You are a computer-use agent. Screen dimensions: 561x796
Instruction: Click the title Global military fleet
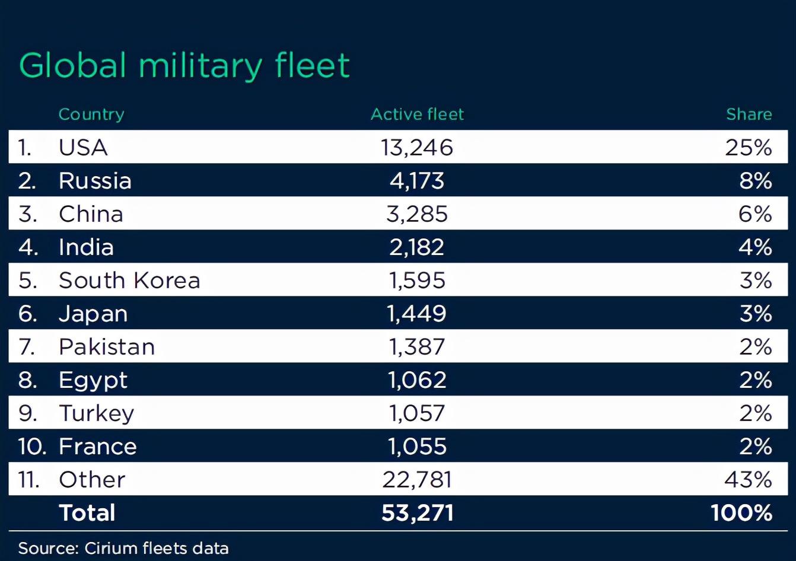[x=184, y=65]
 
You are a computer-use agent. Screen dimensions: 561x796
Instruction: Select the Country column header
[x=91, y=114]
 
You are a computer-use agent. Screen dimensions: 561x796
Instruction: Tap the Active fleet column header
[x=417, y=114]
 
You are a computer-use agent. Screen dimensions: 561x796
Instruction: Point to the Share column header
[x=749, y=114]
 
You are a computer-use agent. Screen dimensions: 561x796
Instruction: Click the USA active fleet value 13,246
[x=417, y=147]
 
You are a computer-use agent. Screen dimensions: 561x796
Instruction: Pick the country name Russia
[x=95, y=181]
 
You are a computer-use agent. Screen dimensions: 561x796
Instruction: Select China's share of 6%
[x=755, y=214]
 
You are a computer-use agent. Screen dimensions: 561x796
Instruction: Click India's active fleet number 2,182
[x=417, y=247]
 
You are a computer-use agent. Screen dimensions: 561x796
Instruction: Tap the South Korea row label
[x=129, y=280]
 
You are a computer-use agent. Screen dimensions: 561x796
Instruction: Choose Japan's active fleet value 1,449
[x=417, y=314]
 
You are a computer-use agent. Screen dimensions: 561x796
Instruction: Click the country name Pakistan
[x=107, y=347]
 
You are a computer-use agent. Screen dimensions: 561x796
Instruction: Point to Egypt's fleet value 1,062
[x=417, y=380]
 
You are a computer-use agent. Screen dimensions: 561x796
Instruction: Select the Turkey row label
[x=97, y=413]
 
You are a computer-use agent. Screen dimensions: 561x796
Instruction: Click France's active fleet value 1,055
[x=417, y=447]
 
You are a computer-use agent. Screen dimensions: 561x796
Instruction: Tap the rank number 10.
[x=31, y=447]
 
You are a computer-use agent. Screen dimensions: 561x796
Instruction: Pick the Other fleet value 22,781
[x=417, y=480]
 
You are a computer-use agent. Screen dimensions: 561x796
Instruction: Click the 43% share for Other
[x=748, y=480]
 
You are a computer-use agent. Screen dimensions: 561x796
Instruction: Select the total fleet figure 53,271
[x=418, y=513]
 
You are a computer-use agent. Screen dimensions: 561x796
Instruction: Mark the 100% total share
[x=741, y=513]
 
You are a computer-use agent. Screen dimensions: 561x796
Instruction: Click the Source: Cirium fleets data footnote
[x=123, y=548]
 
